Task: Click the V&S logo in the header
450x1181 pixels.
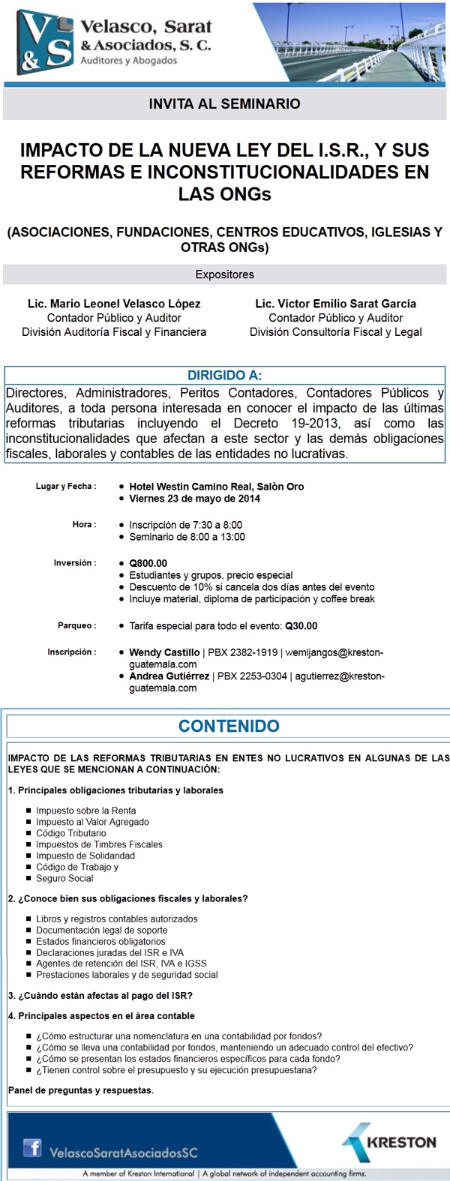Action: point(45,42)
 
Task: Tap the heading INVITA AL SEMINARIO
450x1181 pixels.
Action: point(224,104)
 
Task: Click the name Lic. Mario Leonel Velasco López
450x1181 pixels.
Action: point(114,304)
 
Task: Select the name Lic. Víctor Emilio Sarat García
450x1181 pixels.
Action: point(335,304)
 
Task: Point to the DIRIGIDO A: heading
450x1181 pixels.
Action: point(224,376)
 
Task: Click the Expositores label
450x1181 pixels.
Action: point(224,274)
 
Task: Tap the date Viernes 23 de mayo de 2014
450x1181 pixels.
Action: point(194,499)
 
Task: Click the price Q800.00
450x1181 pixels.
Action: point(148,563)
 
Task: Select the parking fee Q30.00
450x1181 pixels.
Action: point(301,626)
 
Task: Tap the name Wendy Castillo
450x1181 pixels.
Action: point(164,653)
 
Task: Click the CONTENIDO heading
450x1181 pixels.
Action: point(229,726)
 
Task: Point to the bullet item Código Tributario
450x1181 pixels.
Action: point(71,833)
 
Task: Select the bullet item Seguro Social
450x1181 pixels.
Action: point(64,878)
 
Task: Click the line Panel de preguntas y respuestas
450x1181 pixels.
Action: point(81,1090)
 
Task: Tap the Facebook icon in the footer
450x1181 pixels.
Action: point(32,1147)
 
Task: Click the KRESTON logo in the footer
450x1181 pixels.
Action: point(390,1143)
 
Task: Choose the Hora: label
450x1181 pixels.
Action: point(84,525)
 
